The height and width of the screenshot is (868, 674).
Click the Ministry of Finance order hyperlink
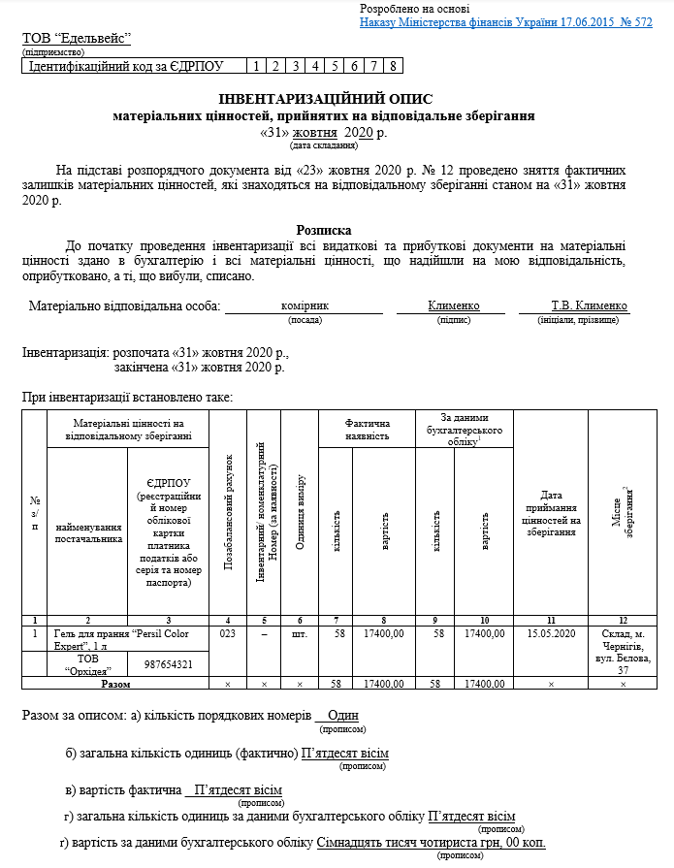click(505, 21)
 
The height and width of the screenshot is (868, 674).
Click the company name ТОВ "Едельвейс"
click(77, 39)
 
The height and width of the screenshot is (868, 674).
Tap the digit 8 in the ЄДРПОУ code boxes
click(393, 67)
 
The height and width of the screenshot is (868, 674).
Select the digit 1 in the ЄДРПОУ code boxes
click(254, 67)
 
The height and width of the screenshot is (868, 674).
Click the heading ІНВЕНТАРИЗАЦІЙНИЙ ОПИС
click(325, 99)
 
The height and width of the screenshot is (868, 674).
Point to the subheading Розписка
click(324, 231)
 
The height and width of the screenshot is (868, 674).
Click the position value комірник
click(305, 305)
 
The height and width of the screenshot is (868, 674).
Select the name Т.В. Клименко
click(590, 305)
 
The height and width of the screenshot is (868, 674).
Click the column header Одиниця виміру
click(301, 513)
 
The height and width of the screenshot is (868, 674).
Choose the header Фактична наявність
click(367, 430)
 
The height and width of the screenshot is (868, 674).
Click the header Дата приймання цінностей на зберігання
click(551, 513)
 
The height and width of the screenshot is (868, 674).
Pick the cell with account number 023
click(228, 634)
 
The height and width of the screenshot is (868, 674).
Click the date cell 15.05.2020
click(551, 634)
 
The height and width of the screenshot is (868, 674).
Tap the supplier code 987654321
click(168, 664)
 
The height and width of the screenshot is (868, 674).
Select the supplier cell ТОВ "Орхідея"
click(87, 664)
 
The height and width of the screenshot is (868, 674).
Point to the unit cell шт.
click(300, 634)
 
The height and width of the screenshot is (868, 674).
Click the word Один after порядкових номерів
click(343, 716)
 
